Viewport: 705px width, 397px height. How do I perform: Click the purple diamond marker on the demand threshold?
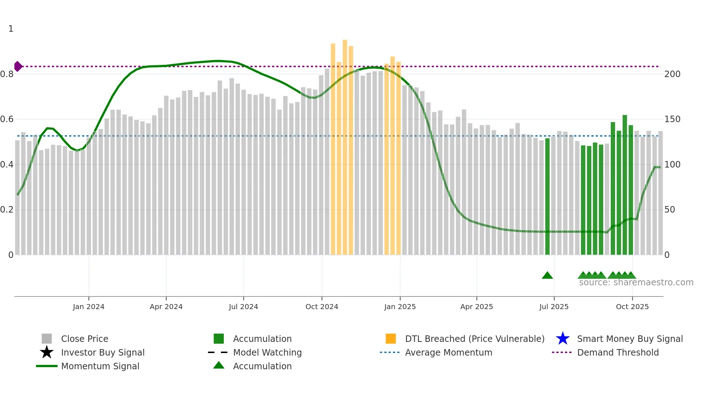18,66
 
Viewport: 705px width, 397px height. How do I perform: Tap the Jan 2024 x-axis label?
88,307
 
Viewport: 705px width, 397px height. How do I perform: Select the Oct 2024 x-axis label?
322,307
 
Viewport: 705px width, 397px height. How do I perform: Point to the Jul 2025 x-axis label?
554,307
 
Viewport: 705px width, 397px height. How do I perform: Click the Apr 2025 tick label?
477,307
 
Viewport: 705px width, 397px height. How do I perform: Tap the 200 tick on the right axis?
672,74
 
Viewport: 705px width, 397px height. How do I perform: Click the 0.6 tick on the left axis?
7,119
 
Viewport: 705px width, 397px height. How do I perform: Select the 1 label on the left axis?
11,29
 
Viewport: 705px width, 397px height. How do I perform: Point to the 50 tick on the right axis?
669,210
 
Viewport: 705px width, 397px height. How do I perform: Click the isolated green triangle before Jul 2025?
547,276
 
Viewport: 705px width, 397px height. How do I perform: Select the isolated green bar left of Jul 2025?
547,196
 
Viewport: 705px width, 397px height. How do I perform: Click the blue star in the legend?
563,339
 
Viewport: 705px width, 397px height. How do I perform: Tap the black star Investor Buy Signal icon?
47,352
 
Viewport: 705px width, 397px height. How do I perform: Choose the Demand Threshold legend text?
618,352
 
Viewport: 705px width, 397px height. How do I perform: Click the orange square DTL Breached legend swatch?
391,339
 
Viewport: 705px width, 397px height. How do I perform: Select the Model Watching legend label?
267,352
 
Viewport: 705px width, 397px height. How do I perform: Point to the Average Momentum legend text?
449,352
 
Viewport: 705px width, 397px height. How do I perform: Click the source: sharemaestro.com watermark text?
636,282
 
